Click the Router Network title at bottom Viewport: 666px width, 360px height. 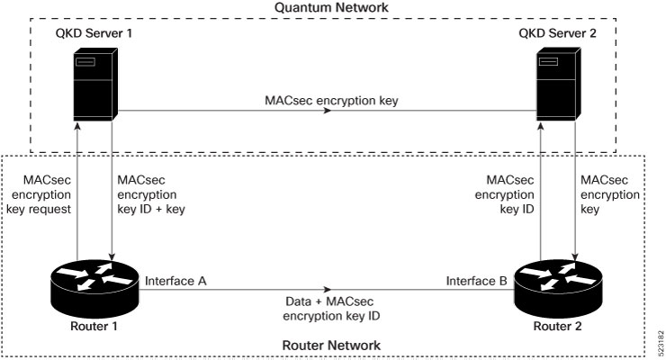point(331,345)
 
